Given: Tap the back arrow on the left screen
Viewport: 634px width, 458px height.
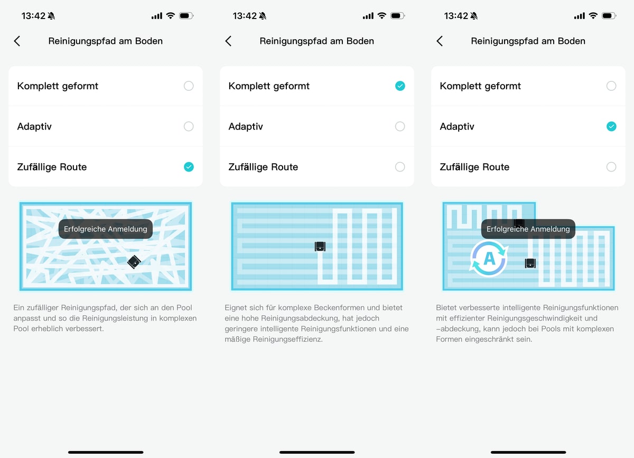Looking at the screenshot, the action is point(17,41).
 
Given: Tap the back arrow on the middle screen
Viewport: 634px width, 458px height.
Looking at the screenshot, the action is point(228,41).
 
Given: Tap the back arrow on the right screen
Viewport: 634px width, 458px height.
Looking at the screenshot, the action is point(440,41).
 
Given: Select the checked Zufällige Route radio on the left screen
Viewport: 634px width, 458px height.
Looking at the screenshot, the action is point(189,167).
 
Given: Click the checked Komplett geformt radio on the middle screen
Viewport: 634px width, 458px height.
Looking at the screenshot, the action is point(400,86).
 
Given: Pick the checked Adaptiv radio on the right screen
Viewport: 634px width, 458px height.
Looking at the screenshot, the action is point(611,126).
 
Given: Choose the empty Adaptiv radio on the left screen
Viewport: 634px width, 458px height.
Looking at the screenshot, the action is point(189,126).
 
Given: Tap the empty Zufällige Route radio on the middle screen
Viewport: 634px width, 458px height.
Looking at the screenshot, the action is point(400,167).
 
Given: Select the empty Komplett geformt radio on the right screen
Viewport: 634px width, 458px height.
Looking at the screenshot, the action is point(611,86).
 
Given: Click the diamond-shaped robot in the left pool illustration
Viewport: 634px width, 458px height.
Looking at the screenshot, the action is point(134,262).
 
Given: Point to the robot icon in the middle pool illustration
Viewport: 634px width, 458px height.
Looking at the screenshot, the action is point(320,247).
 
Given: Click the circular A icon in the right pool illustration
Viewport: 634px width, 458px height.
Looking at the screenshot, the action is point(489,258).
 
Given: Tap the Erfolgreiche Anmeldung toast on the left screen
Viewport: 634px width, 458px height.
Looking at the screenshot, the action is point(106,229).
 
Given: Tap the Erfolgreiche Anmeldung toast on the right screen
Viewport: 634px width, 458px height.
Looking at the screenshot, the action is point(528,229).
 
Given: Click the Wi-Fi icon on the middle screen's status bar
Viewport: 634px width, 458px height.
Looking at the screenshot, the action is point(382,15).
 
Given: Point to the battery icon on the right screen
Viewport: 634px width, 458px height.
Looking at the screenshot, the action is point(609,15).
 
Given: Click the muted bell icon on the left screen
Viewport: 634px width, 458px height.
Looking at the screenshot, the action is point(51,16).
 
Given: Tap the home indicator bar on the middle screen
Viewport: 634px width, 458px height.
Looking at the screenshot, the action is point(317,452).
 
